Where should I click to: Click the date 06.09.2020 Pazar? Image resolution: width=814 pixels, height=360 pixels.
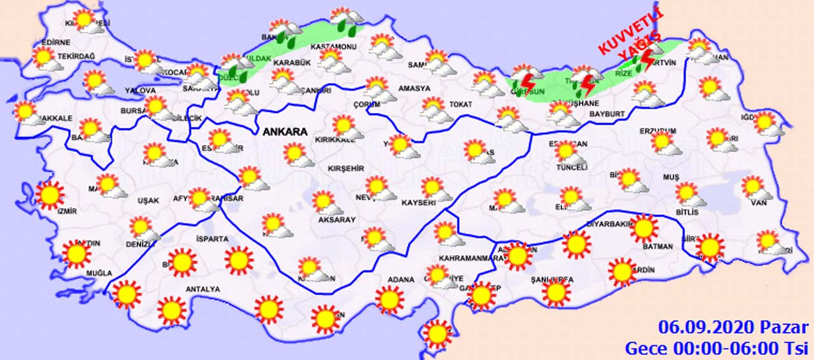click(733, 328)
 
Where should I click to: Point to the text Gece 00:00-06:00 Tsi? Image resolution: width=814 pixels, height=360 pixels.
click(716, 348)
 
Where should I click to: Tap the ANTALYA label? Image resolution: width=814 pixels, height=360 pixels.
click(202, 289)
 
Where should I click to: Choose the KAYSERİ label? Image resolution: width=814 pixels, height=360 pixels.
click(418, 203)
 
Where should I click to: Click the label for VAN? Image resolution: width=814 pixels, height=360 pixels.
click(759, 203)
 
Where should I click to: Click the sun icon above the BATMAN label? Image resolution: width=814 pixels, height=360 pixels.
click(644, 228)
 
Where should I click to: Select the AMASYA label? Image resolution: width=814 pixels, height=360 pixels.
click(414, 88)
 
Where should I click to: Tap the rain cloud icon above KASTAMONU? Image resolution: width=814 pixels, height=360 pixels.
click(345, 20)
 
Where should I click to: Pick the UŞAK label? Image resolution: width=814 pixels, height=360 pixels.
click(148, 201)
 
